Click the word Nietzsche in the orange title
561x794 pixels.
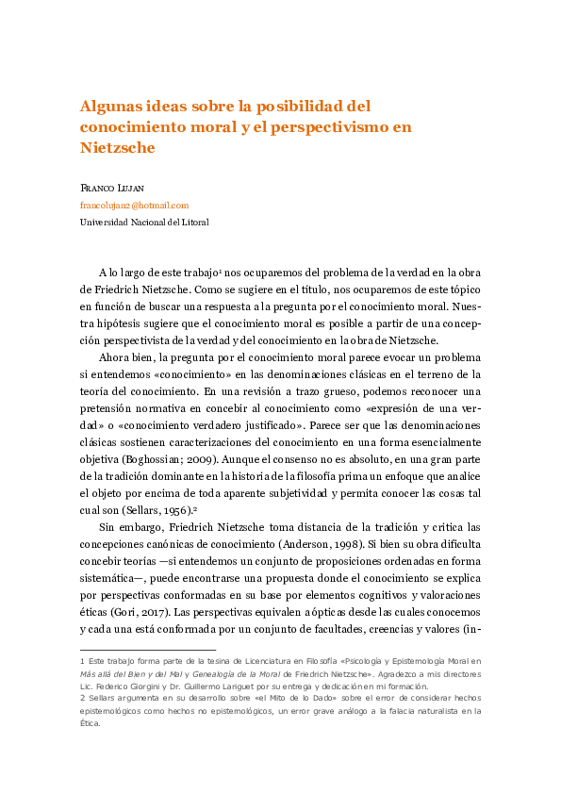pyautogui.click(x=117, y=148)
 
